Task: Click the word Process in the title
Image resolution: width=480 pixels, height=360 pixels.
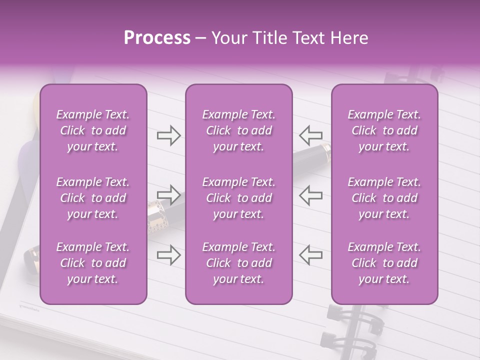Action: point(157,38)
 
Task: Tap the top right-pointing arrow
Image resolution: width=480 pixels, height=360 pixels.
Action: point(168,135)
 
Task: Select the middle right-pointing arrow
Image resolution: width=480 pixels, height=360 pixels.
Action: point(168,194)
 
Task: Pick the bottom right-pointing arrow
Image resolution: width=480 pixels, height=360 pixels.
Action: point(168,254)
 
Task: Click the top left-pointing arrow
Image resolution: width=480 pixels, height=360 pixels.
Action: point(310,135)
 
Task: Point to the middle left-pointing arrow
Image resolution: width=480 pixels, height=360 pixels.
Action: point(310,194)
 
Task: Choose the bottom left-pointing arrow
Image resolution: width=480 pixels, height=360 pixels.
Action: point(310,254)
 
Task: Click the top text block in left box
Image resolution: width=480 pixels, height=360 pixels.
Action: point(93,130)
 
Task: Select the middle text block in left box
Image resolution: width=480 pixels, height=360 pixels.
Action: point(93,198)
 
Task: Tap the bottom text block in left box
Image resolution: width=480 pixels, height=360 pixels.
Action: point(93,263)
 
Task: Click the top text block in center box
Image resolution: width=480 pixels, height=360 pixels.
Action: point(238,130)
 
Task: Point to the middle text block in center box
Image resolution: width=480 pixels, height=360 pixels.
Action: point(238,198)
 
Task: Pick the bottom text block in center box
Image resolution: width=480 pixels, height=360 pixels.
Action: point(238,263)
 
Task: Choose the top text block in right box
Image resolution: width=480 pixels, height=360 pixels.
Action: point(384,130)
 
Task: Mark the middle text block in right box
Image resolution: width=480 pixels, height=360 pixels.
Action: point(384,198)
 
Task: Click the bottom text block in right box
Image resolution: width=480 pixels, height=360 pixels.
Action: point(384,263)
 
